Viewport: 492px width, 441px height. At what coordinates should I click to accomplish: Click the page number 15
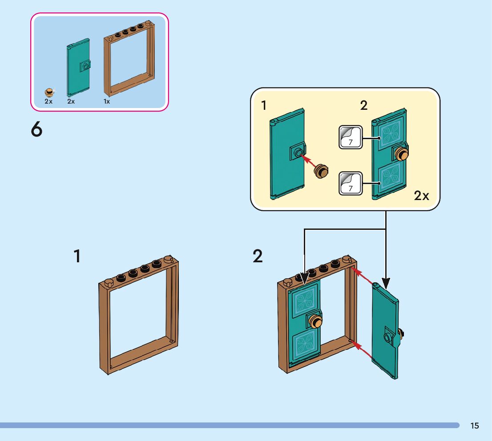(x=475, y=426)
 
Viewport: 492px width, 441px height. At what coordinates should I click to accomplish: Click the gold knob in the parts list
(x=49, y=92)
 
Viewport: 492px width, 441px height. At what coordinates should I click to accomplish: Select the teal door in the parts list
(x=79, y=68)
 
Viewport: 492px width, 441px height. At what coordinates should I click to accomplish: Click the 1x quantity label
(x=107, y=101)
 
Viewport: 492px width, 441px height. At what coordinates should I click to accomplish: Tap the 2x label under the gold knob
(x=48, y=101)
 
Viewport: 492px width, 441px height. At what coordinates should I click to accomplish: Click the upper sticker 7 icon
(x=350, y=137)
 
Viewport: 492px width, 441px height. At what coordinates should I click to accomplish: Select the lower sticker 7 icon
(x=350, y=183)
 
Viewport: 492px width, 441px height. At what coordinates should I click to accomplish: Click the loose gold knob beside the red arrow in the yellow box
(x=321, y=171)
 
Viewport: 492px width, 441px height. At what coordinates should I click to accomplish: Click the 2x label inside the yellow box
(x=422, y=195)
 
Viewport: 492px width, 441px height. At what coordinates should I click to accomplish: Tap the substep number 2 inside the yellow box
(x=364, y=106)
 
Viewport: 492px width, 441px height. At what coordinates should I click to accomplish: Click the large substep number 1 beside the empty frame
(x=77, y=257)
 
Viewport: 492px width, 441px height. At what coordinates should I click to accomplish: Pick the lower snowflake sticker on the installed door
(x=305, y=345)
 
